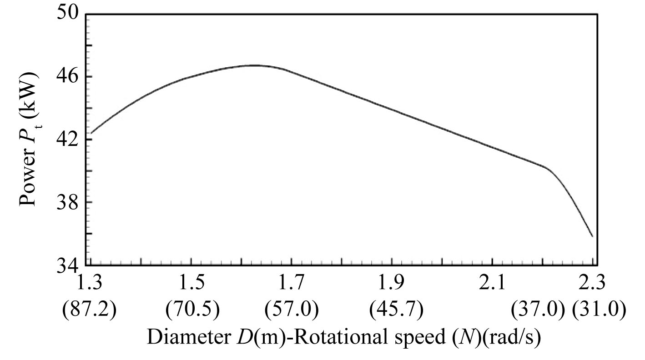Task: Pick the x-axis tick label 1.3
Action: pos(91,285)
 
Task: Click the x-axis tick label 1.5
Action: pos(191,285)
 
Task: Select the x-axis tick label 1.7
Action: pos(292,285)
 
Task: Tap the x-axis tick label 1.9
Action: pos(392,285)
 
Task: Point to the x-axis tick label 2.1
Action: pos(493,285)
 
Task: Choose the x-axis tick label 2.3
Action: pos(593,285)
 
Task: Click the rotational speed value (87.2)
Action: pos(91,310)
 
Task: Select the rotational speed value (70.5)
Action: pos(191,310)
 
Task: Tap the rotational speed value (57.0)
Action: pos(292,310)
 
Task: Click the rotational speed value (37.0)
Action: pos(538,310)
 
